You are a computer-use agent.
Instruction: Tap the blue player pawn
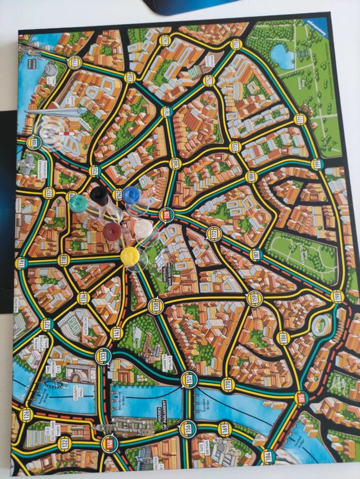click(x=131, y=195)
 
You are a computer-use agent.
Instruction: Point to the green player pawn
click(x=78, y=204)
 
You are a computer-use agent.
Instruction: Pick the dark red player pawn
click(x=112, y=231)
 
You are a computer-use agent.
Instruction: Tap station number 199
click(x=336, y=296)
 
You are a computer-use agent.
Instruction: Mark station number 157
click(x=189, y=379)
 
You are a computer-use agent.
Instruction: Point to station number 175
click(x=236, y=44)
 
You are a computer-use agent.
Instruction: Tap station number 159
click(x=254, y=298)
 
